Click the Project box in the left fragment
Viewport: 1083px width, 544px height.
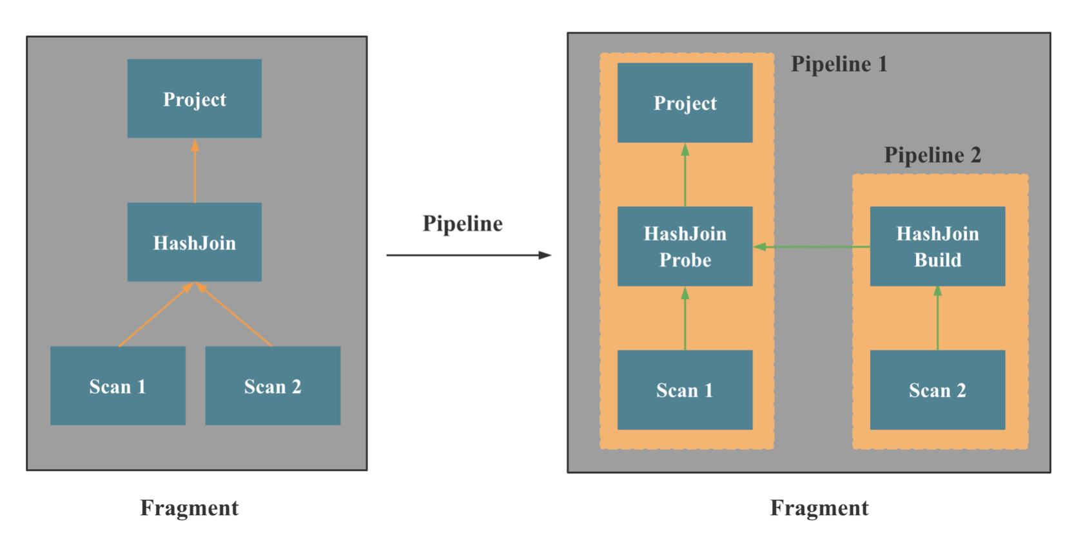tap(194, 99)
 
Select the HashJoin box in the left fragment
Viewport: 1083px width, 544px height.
tap(194, 242)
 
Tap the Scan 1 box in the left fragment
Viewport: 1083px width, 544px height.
tap(118, 385)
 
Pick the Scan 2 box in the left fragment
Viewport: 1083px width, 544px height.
tap(273, 385)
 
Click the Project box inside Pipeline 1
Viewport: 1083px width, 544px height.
tap(685, 102)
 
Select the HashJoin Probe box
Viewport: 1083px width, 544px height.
tap(685, 246)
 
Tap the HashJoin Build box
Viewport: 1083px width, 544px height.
tap(937, 246)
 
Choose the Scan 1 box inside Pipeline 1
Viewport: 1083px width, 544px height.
tap(685, 390)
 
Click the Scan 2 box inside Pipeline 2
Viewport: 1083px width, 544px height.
tap(937, 390)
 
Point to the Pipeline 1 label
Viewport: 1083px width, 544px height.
tap(839, 64)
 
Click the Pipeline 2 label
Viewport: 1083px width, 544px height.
tap(932, 155)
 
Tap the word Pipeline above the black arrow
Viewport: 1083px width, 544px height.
tap(462, 224)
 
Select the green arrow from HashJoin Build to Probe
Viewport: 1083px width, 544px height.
tap(812, 247)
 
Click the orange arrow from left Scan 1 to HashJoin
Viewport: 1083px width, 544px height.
tap(155, 315)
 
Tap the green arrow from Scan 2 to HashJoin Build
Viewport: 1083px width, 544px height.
tap(937, 319)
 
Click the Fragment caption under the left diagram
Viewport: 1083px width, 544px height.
tap(190, 508)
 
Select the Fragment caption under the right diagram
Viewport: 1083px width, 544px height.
tap(819, 508)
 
